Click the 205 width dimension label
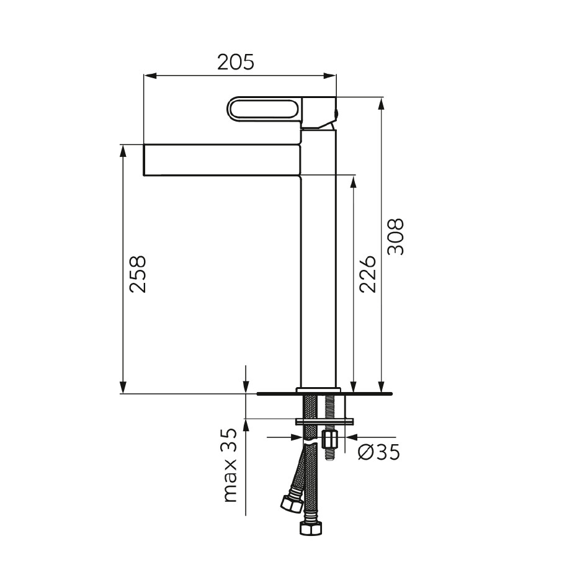pos(235,62)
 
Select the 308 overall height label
pos(396,237)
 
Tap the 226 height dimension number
pos(368,274)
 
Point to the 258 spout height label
pos(138,274)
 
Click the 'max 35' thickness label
pos(230,465)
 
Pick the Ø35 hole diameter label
pos(379,452)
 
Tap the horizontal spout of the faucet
pos(222,159)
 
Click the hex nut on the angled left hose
pos(292,503)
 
